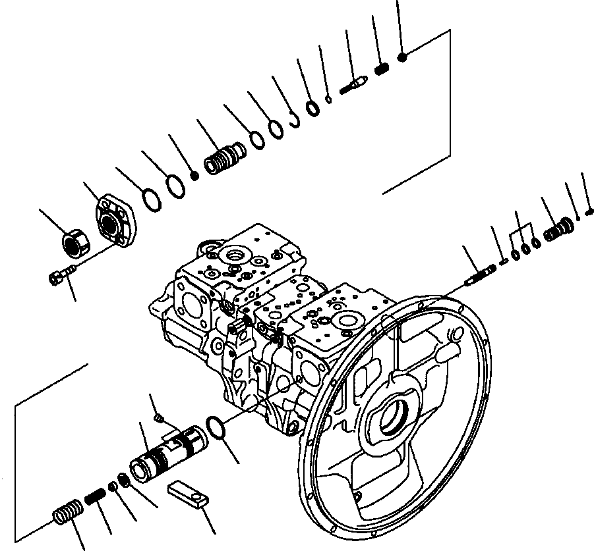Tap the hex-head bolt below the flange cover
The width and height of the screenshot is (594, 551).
pyautogui.click(x=59, y=277)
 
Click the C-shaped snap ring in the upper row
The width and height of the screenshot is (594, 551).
pyautogui.click(x=293, y=120)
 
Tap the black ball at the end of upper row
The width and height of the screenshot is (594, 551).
pyautogui.click(x=403, y=57)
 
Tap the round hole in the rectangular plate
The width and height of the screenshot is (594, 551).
pyautogui.click(x=196, y=494)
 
